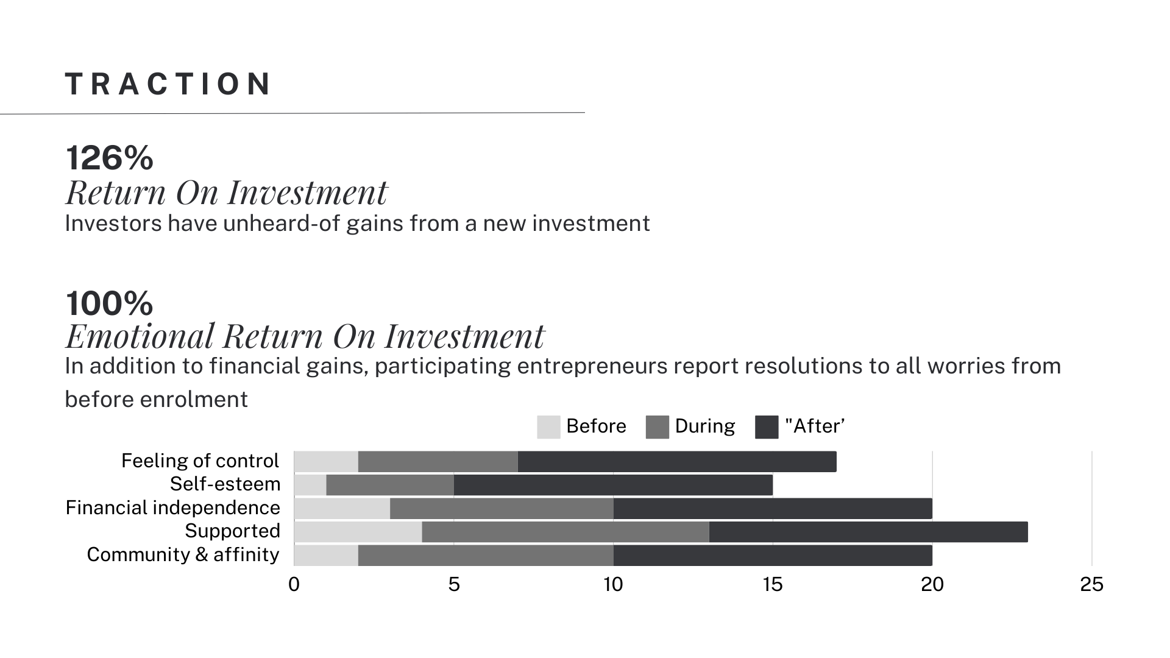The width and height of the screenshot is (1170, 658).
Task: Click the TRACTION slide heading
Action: [168, 84]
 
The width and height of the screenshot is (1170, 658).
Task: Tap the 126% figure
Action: [110, 158]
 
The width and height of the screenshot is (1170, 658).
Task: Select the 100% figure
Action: [110, 303]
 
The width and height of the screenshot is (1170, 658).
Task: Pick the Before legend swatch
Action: [548, 426]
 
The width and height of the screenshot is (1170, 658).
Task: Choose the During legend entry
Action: [704, 426]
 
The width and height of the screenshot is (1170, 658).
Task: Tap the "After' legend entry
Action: [814, 426]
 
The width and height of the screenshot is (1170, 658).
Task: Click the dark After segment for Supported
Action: [868, 532]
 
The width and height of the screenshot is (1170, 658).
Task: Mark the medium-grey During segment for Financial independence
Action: [501, 509]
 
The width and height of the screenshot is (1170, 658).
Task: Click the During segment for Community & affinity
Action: [486, 556]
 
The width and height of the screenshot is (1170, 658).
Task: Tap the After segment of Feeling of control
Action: [676, 462]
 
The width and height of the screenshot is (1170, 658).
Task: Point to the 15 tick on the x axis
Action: [772, 585]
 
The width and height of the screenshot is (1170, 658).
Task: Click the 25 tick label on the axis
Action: [1091, 585]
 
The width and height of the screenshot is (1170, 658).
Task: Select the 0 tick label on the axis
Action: [294, 585]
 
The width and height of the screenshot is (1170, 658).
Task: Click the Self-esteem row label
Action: [225, 484]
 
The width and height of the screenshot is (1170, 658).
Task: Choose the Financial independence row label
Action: [172, 508]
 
